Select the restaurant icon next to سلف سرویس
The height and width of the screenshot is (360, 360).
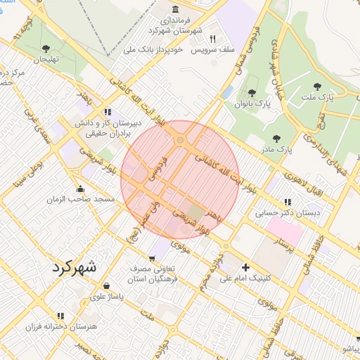(x=212, y=39)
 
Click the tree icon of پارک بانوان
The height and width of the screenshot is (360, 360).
(x=252, y=93)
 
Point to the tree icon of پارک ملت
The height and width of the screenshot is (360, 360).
(x=317, y=87)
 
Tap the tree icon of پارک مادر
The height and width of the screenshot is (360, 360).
(x=276, y=139)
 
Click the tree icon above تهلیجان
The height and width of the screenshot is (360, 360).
(x=46, y=49)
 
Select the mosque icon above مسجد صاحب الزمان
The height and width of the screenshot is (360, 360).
(x=80, y=188)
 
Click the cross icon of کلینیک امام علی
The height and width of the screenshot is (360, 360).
(x=245, y=267)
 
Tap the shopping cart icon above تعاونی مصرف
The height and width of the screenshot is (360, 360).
(x=153, y=258)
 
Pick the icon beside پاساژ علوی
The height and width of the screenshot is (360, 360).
(x=105, y=286)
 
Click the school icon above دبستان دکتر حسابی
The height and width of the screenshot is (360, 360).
(x=288, y=201)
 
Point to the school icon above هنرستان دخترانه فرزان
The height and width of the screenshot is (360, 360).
(x=60, y=316)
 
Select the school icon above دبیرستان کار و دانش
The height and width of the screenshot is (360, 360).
(x=107, y=111)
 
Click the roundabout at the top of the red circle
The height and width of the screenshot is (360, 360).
(x=181, y=141)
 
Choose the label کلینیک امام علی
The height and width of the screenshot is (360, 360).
(x=245, y=278)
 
